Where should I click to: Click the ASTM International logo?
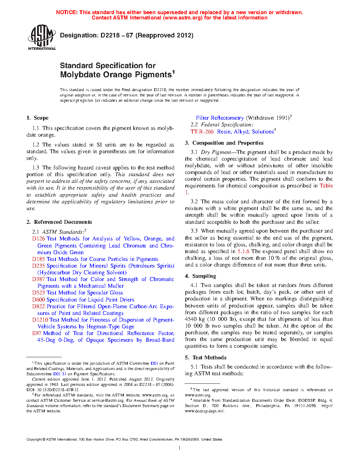coord(42,37)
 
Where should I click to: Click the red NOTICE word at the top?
coord(67,12)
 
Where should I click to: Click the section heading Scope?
coord(41,118)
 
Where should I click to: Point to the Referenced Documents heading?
coord(63,222)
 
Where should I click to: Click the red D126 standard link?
coord(38,239)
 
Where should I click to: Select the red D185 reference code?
coord(38,259)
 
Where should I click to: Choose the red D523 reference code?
coord(38,293)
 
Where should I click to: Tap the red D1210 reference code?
coord(40,320)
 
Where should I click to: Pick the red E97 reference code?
coord(37,333)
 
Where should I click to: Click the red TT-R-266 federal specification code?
coord(202,132)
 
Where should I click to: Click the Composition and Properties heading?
coord(228,143)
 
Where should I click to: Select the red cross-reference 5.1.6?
coord(243,251)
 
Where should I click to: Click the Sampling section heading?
coord(204,276)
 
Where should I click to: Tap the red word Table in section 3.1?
coord(326,186)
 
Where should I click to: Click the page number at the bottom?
coord(180,448)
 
